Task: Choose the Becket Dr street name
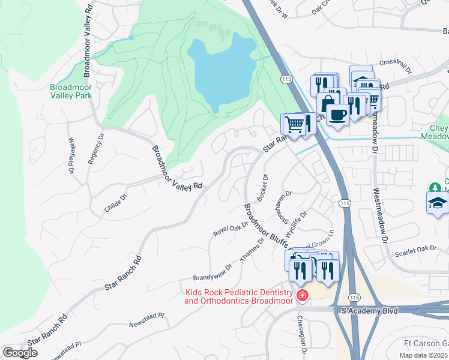(x=262, y=188)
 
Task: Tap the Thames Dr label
(x=252, y=250)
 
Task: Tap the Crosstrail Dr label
(x=395, y=65)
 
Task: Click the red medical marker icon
(x=303, y=295)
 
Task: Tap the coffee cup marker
(x=338, y=113)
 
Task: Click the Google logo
(x=20, y=353)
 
